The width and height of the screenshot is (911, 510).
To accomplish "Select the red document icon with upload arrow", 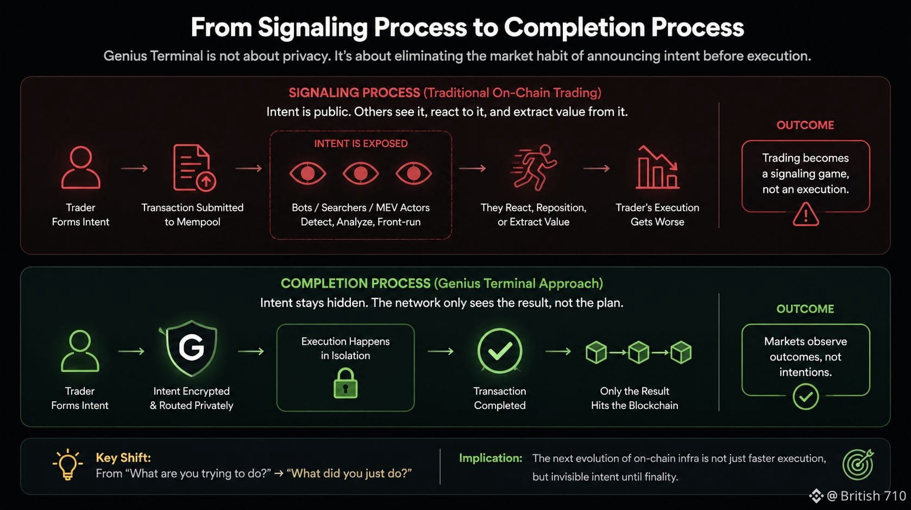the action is (194, 167).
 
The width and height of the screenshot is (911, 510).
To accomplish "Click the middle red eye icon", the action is (361, 173).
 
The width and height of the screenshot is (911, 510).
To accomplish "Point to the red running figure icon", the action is (534, 167).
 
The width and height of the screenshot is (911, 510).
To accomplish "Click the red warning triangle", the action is (806, 214).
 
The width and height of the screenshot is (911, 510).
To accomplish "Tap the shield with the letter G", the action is (191, 348).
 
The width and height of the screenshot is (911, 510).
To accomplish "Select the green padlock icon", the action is (345, 383).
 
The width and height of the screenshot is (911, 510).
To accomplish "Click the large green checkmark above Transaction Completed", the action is (500, 351).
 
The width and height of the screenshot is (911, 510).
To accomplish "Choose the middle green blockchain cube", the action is (638, 352).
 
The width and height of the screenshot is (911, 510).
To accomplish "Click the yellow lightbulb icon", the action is (67, 464).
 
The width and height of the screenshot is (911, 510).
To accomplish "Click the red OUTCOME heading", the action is (805, 125).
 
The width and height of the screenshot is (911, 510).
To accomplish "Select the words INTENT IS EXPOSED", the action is (361, 144).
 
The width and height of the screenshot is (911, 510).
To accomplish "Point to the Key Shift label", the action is (123, 458).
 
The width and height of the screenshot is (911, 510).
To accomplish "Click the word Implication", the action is (491, 458).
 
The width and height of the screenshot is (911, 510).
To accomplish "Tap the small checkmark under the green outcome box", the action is (806, 397).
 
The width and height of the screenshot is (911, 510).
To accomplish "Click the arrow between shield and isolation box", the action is (251, 351).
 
